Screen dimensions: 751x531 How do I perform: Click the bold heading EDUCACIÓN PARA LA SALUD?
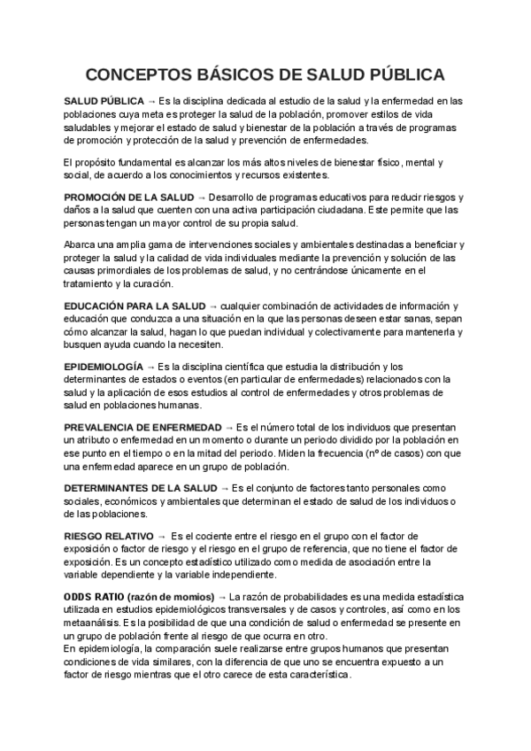135,305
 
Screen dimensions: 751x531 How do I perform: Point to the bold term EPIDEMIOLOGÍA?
104,366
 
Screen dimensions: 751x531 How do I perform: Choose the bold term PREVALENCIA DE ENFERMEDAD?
143,427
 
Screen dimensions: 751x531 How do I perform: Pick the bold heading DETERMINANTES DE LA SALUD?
140,488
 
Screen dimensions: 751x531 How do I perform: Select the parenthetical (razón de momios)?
171,599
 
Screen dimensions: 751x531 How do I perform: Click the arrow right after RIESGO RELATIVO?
161,537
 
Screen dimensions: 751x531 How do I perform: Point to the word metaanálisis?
95,623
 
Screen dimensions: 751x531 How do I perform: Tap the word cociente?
226,537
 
